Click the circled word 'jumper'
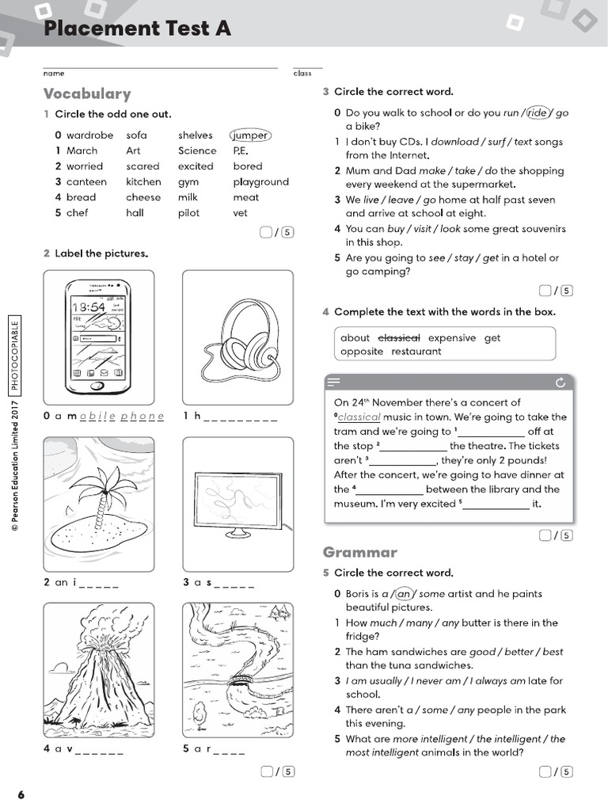tap(249, 135)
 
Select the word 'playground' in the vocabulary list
tap(260, 181)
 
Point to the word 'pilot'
tap(188, 212)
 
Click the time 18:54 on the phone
tap(88, 307)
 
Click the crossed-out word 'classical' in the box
tap(400, 337)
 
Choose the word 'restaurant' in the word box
tap(416, 352)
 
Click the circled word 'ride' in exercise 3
tap(538, 113)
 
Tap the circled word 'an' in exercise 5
tap(404, 594)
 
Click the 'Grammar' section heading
tap(359, 552)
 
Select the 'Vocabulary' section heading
tap(87, 93)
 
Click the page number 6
tap(21, 794)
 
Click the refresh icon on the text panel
tap(560, 383)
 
